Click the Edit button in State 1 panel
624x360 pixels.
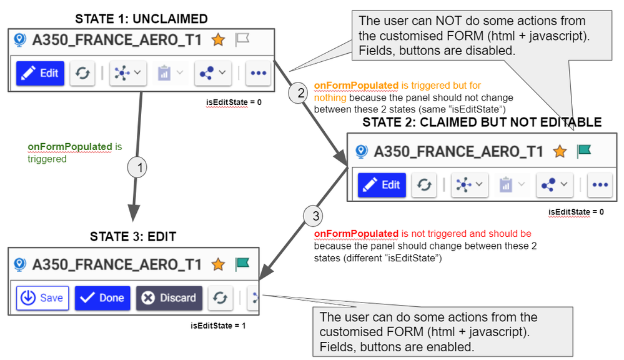pyautogui.click(x=40, y=73)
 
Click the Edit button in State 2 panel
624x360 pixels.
pyautogui.click(x=382, y=185)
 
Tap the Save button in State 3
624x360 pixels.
pyautogui.click(x=42, y=297)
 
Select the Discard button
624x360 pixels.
pyautogui.click(x=169, y=297)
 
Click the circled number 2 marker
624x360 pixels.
pyautogui.click(x=300, y=93)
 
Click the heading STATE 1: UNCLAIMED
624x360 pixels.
pyautogui.click(x=141, y=19)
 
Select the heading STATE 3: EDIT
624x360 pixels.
pyautogui.click(x=134, y=237)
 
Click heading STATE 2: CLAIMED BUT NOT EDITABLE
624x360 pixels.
pyautogui.click(x=482, y=122)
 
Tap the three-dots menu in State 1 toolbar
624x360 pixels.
pyautogui.click(x=258, y=73)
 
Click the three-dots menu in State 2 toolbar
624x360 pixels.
pyautogui.click(x=600, y=185)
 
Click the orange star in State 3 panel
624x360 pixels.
pyautogui.click(x=218, y=264)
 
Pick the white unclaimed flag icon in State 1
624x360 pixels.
pyautogui.click(x=242, y=40)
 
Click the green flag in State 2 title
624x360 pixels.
pyautogui.click(x=583, y=151)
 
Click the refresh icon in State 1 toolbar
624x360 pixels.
pyautogui.click(x=82, y=73)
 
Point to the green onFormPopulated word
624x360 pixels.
pyautogui.click(x=69, y=147)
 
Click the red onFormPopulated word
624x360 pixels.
pyautogui.click(x=356, y=234)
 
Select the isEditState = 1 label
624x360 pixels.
pyautogui.click(x=219, y=326)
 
